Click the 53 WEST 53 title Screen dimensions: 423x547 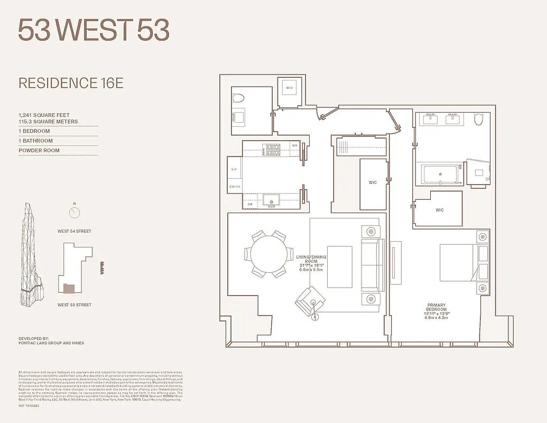94,30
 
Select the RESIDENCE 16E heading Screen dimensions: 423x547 71,83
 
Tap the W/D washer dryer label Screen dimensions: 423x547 290,88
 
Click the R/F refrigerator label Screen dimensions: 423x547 234,170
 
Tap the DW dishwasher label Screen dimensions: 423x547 250,204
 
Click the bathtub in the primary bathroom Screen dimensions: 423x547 440,174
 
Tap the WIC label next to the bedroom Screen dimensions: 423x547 440,210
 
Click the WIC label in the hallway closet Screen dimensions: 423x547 373,182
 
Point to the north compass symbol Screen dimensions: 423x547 75,212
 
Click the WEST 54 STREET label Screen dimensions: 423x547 75,231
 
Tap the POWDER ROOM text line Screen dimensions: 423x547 39,151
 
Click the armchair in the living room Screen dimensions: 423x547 309,300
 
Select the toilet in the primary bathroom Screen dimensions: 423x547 479,119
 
